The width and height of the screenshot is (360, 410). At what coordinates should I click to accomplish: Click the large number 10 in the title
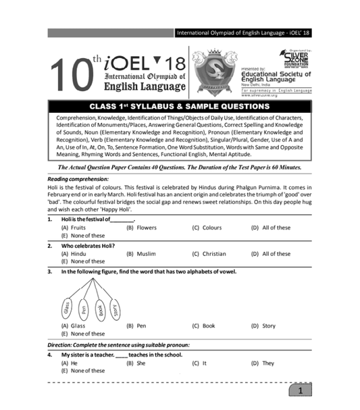coord(72,76)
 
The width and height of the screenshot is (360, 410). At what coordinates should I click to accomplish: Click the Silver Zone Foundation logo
coord(292,58)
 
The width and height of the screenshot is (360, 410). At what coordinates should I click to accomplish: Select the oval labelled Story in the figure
coord(116,310)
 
